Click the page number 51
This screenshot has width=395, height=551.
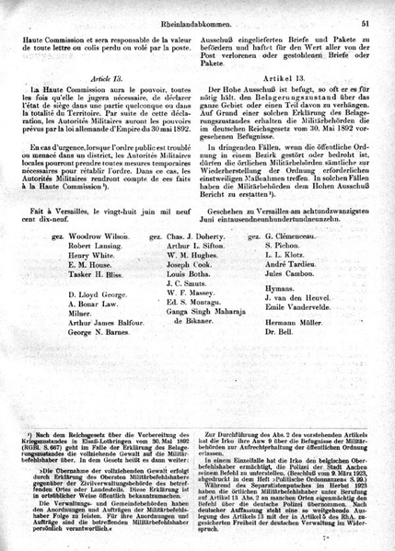pos(366,9)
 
